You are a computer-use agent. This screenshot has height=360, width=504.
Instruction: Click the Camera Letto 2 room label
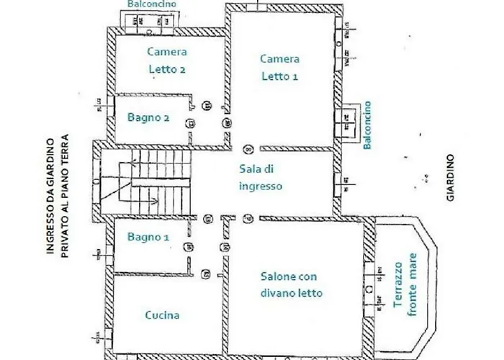167,60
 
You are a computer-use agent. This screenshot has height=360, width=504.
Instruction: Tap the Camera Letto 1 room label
280,67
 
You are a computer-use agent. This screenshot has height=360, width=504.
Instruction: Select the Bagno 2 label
148,117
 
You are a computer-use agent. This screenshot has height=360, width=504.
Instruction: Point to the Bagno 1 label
148,237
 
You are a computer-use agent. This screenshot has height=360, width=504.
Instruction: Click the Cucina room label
162,315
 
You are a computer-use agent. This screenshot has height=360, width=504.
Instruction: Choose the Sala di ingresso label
260,177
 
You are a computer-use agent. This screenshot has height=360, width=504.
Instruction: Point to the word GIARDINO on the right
450,176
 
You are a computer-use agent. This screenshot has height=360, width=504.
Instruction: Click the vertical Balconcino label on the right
367,125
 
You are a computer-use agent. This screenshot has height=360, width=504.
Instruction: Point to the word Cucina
162,315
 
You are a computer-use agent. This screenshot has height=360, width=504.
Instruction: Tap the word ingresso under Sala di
260,186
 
